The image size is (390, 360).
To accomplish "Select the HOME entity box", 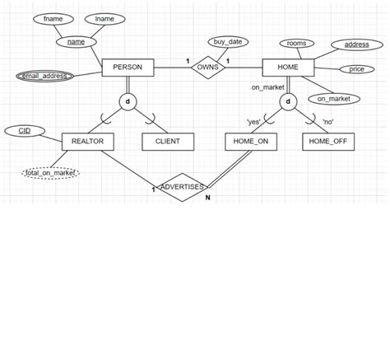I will click(x=287, y=68).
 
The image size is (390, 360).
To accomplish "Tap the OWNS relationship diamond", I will click(x=207, y=68).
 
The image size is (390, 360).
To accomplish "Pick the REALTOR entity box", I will click(x=87, y=142).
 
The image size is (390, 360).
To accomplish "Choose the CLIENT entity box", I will click(x=167, y=142).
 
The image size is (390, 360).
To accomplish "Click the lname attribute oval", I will click(x=104, y=18).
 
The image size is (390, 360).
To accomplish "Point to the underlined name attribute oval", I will click(x=77, y=40).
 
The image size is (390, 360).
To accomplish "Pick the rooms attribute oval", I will click(x=296, y=43).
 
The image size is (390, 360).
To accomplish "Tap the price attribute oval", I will click(x=357, y=69).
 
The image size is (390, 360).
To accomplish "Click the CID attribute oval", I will click(x=26, y=130).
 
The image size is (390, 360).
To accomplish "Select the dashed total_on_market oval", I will click(x=50, y=172).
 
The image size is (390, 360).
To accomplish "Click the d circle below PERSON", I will click(x=127, y=102).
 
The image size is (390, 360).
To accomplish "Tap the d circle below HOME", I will click(x=288, y=102).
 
